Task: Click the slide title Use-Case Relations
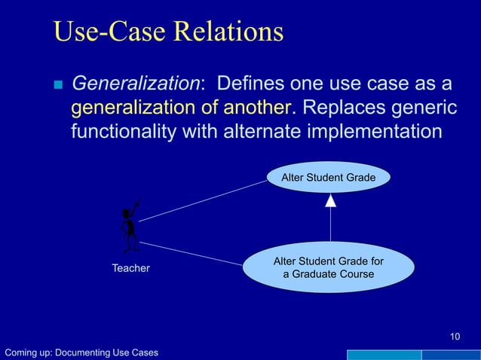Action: pos(168,32)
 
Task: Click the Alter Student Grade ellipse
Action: pos(329,178)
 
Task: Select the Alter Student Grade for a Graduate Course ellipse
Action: pos(328,267)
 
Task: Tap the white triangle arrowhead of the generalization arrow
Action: pos(330,200)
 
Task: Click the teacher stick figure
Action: pos(130,226)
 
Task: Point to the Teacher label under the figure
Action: pos(130,268)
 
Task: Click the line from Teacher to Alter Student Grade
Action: pos(204,200)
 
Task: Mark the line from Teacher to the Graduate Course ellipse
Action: pos(192,253)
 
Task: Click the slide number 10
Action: pos(454,336)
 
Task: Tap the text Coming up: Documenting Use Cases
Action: pos(81,352)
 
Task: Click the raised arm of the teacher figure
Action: pos(135,206)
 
